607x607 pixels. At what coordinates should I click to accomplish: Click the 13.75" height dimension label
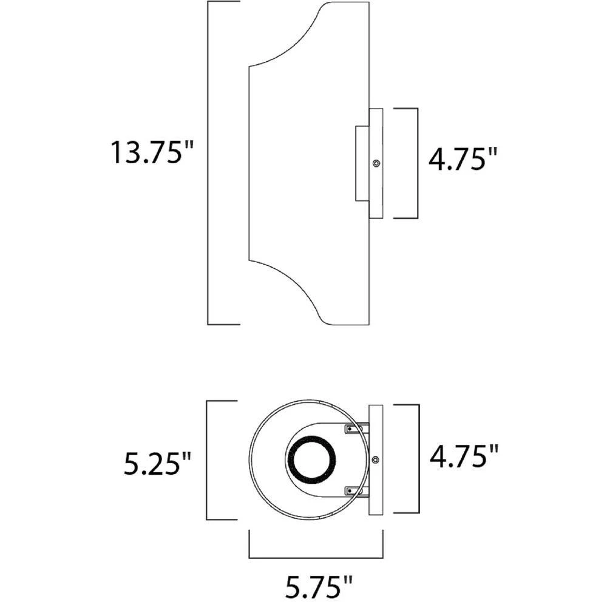coord(152,152)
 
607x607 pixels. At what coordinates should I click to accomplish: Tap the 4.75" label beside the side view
coord(462,158)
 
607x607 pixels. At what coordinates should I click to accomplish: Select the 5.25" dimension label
coord(157,463)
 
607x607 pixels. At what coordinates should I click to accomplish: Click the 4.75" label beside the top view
coord(463,456)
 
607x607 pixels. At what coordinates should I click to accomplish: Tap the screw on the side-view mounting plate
coord(376,163)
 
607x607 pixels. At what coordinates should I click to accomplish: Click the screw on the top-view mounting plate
coord(375,459)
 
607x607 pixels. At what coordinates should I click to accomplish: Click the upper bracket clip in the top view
coord(356,429)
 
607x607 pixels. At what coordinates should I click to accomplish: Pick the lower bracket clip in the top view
coord(356,491)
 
